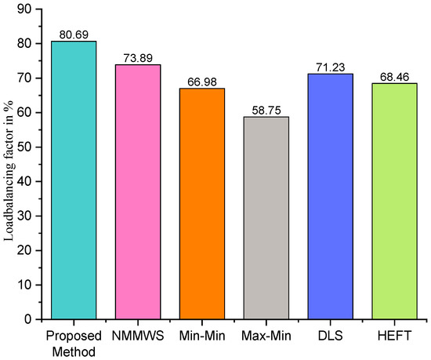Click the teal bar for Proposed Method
tap(74, 180)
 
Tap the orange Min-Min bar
tap(203, 204)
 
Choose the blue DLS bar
tap(331, 196)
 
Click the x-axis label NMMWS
tap(139, 334)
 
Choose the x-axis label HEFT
tap(395, 334)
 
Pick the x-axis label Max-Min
tap(267, 334)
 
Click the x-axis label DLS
tap(331, 334)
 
